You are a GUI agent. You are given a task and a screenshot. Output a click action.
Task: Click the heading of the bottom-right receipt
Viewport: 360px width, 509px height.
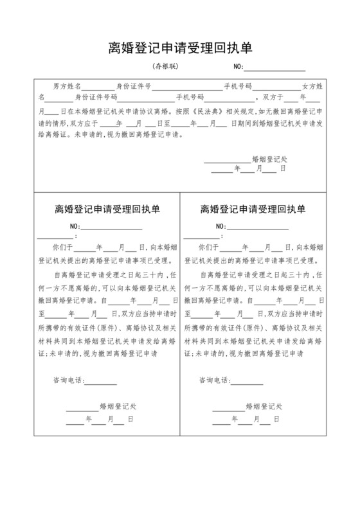(x=253, y=210)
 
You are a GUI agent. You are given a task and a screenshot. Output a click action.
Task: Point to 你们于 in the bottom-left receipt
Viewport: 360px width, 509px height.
(x=63, y=246)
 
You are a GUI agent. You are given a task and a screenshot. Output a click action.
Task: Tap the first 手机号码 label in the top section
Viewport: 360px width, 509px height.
(x=237, y=85)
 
